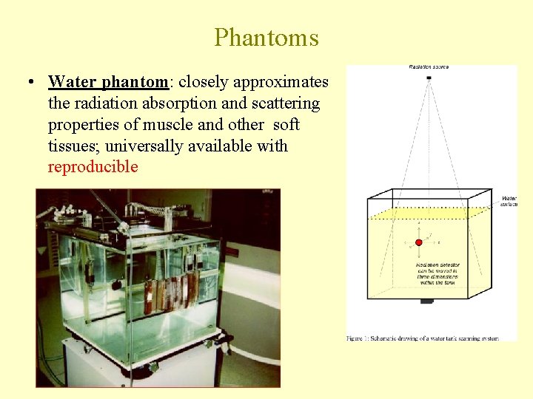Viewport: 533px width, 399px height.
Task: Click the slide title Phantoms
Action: (266, 38)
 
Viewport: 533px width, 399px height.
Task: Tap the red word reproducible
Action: (93, 167)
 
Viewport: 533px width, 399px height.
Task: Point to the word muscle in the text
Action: (183, 125)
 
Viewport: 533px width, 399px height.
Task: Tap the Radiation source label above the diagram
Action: (429, 67)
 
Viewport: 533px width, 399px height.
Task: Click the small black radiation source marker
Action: (429, 78)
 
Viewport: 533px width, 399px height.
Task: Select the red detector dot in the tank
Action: (418, 242)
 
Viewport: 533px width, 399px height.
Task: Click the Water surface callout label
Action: (509, 201)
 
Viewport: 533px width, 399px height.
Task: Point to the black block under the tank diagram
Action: (426, 301)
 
